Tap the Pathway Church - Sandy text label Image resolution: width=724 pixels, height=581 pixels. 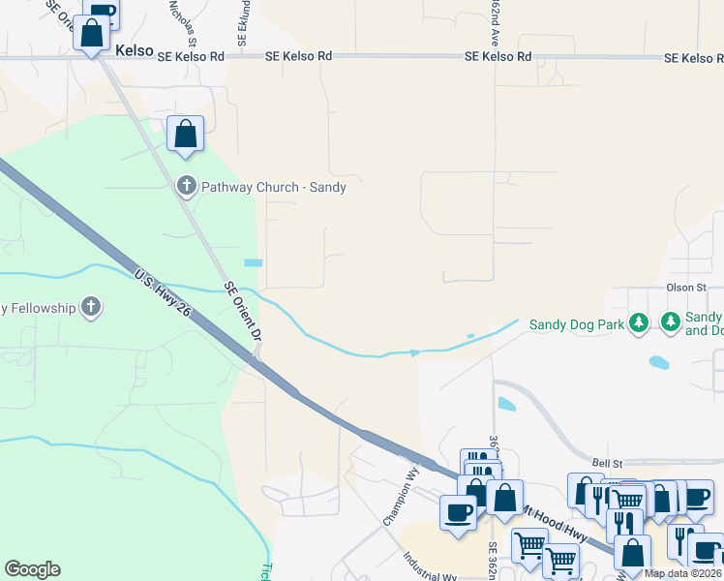tap(274, 187)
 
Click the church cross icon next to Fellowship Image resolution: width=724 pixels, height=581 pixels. tap(91, 308)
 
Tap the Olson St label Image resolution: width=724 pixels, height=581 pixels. tap(687, 288)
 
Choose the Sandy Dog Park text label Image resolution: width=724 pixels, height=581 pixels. tap(577, 324)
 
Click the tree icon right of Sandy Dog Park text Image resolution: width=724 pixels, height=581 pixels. tap(638, 321)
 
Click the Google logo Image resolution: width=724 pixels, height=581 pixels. tap(32, 569)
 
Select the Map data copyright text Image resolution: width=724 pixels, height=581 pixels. tap(683, 573)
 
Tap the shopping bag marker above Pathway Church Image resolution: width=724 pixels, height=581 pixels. tap(185, 135)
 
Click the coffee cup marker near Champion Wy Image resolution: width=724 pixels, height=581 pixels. tap(458, 511)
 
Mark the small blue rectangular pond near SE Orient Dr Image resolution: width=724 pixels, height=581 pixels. tap(254, 263)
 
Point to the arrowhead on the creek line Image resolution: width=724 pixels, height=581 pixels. tap(415, 353)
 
